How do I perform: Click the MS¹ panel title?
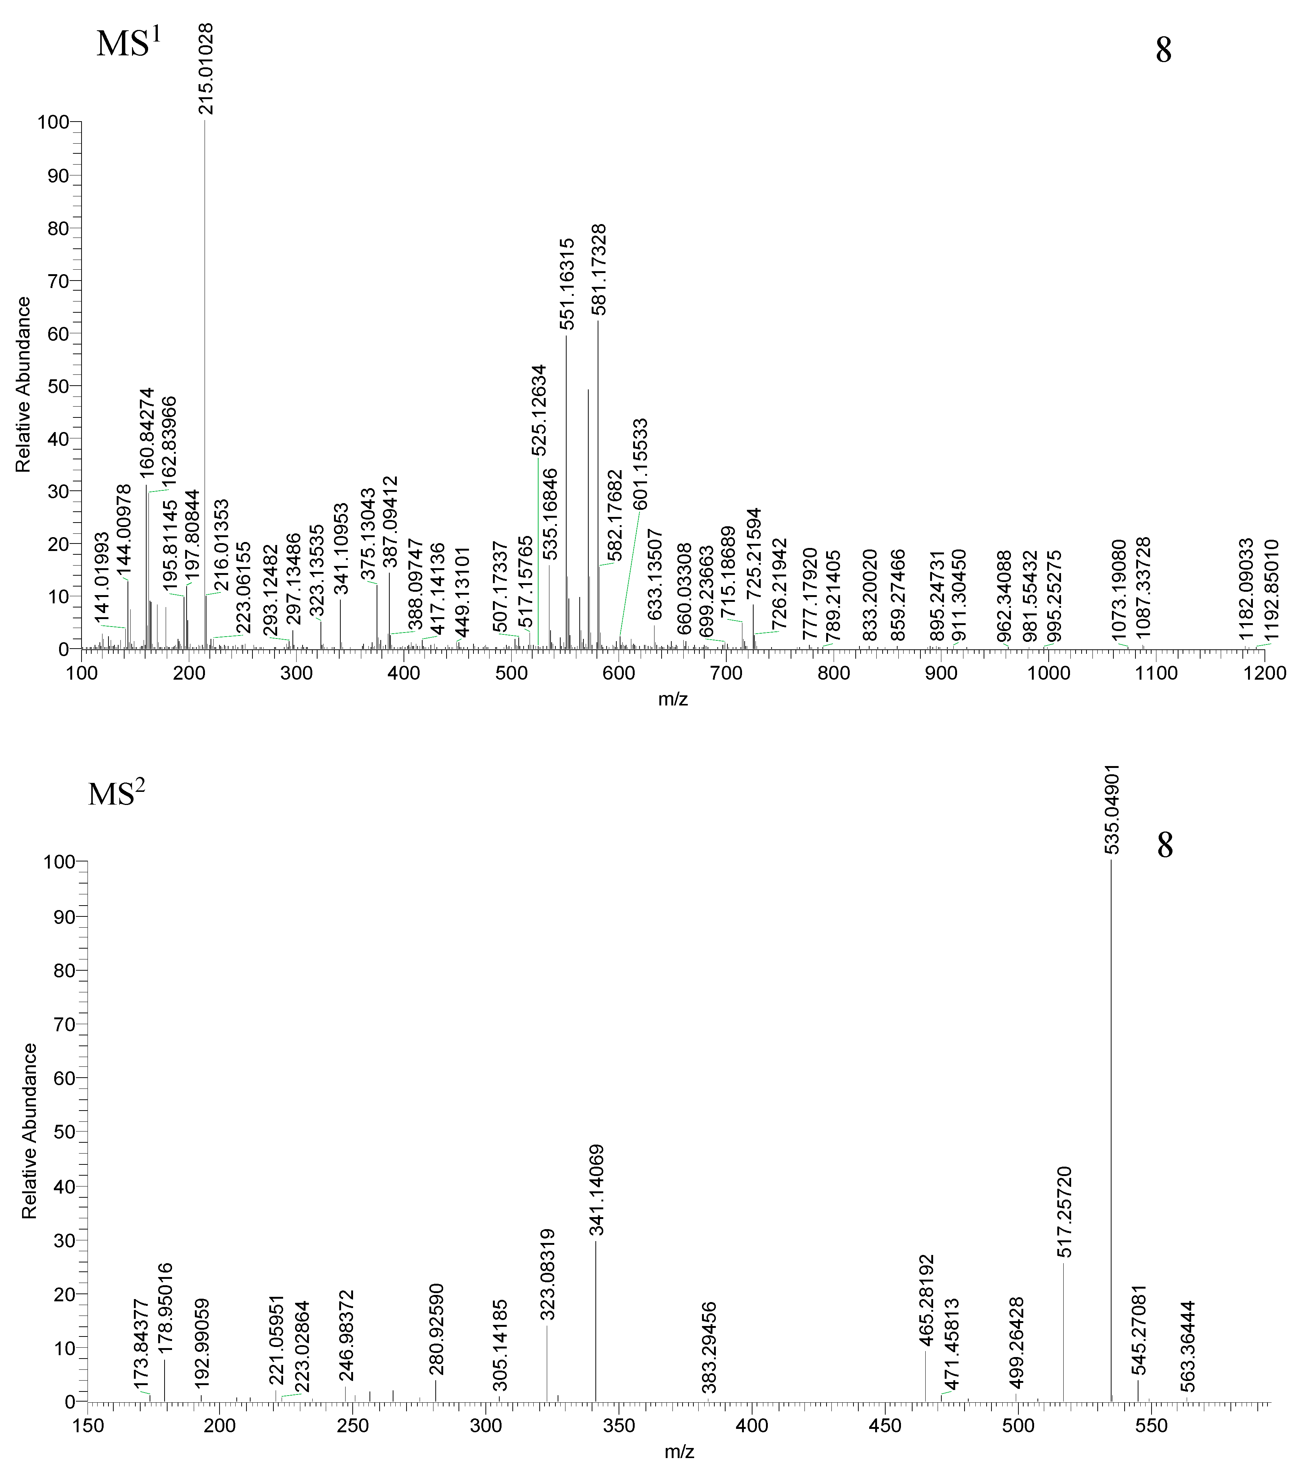point(128,43)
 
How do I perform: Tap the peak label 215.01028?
point(206,69)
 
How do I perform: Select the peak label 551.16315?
point(568,284)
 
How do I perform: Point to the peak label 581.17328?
point(599,269)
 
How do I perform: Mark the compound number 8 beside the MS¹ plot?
point(1163,50)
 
